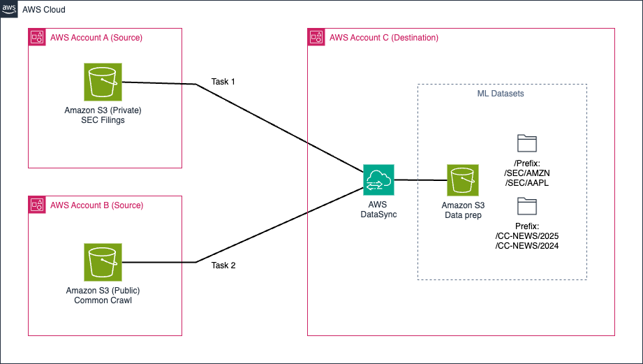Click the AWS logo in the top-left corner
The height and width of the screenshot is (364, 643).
(x=9, y=9)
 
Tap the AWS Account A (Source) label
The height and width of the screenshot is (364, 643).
(x=96, y=38)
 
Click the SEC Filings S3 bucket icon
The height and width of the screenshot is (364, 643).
(x=103, y=82)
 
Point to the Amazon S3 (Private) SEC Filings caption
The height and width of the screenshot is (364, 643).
(x=103, y=116)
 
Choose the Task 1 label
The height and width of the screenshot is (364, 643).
(x=223, y=82)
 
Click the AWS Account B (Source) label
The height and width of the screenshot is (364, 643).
(x=96, y=205)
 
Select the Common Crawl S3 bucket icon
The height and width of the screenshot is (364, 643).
(x=103, y=262)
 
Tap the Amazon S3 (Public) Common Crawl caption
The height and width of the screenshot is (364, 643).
(x=103, y=295)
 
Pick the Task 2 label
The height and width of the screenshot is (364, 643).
(x=223, y=265)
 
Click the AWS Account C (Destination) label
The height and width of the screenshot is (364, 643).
(x=384, y=38)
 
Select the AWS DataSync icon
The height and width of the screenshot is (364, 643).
(x=378, y=180)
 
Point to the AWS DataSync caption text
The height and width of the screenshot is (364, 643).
(x=378, y=210)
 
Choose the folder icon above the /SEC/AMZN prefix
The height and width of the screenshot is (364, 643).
(x=526, y=143)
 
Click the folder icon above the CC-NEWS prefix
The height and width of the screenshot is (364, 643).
(x=526, y=205)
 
